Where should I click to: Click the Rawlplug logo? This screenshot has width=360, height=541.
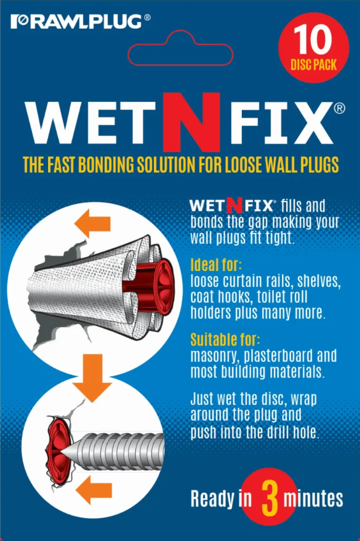tap(80, 22)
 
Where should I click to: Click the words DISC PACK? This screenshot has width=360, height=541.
tap(313, 64)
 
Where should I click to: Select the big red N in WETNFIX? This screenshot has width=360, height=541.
tap(192, 122)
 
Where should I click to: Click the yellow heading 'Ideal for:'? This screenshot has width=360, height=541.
tap(216, 265)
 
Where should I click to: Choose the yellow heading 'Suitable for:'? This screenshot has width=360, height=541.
tap(225, 340)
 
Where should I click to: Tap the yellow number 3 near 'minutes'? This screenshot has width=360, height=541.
tap(269, 499)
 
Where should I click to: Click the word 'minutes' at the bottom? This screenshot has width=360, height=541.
tap(313, 499)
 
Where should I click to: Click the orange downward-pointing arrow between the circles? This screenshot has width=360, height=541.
tap(92, 378)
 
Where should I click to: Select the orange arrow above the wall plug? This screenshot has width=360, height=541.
tap(92, 224)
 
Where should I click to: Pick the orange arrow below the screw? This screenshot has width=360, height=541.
tap(94, 490)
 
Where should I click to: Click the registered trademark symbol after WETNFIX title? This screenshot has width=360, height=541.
tap(340, 108)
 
